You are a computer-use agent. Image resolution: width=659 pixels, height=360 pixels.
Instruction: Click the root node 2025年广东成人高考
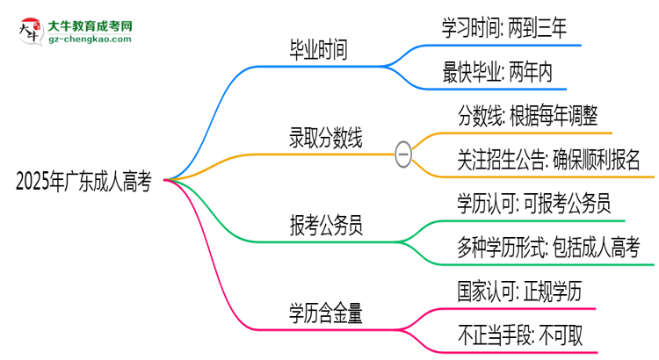click(x=83, y=182)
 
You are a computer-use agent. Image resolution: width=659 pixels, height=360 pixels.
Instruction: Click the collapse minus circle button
click(x=402, y=154)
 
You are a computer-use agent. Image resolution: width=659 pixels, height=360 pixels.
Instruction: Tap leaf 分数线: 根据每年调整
click(x=528, y=116)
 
